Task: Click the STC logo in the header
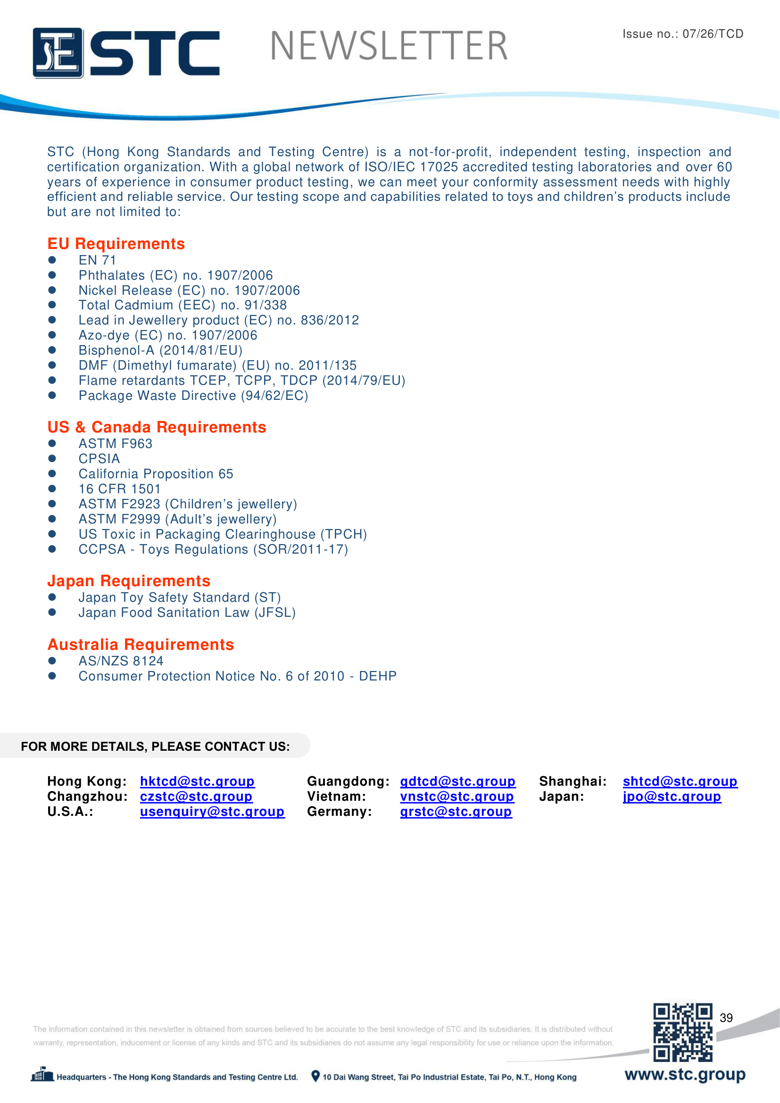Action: tap(126, 52)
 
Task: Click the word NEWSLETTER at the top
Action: tap(389, 46)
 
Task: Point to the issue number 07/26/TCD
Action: tap(712, 33)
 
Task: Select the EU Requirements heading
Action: tap(116, 243)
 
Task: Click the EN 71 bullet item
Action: tap(97, 260)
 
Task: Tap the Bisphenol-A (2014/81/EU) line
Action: tap(160, 350)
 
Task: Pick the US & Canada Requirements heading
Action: tap(157, 427)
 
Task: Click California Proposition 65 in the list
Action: tap(156, 473)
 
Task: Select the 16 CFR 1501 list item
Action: tap(120, 489)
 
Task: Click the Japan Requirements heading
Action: tap(129, 581)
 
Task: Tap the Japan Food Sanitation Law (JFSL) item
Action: tap(187, 613)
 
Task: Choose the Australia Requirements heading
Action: tap(140, 644)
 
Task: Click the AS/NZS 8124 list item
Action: tap(121, 661)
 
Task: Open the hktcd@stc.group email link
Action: tap(197, 781)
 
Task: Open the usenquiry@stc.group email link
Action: tap(212, 812)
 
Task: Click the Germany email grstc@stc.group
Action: tap(456, 812)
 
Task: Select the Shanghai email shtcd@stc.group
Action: tap(680, 781)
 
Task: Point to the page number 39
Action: tap(726, 1018)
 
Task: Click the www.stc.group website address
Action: tap(684, 1074)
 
